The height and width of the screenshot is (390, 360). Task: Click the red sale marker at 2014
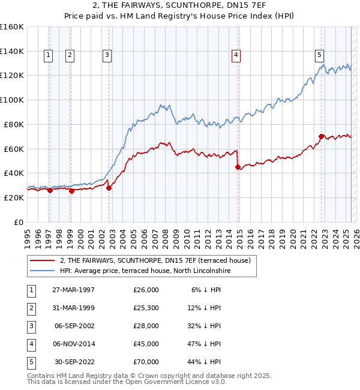pos(238,167)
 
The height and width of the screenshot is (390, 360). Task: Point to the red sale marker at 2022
pos(321,136)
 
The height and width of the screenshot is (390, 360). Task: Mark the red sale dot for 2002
pos(109,188)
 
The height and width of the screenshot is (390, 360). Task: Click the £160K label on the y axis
pos(12,27)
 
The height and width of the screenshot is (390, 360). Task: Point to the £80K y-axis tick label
pos(13,124)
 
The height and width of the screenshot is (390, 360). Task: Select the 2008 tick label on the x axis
pos(166,235)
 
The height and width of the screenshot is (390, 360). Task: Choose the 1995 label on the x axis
pos(28,235)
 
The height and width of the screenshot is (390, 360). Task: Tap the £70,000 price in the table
pos(146,362)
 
